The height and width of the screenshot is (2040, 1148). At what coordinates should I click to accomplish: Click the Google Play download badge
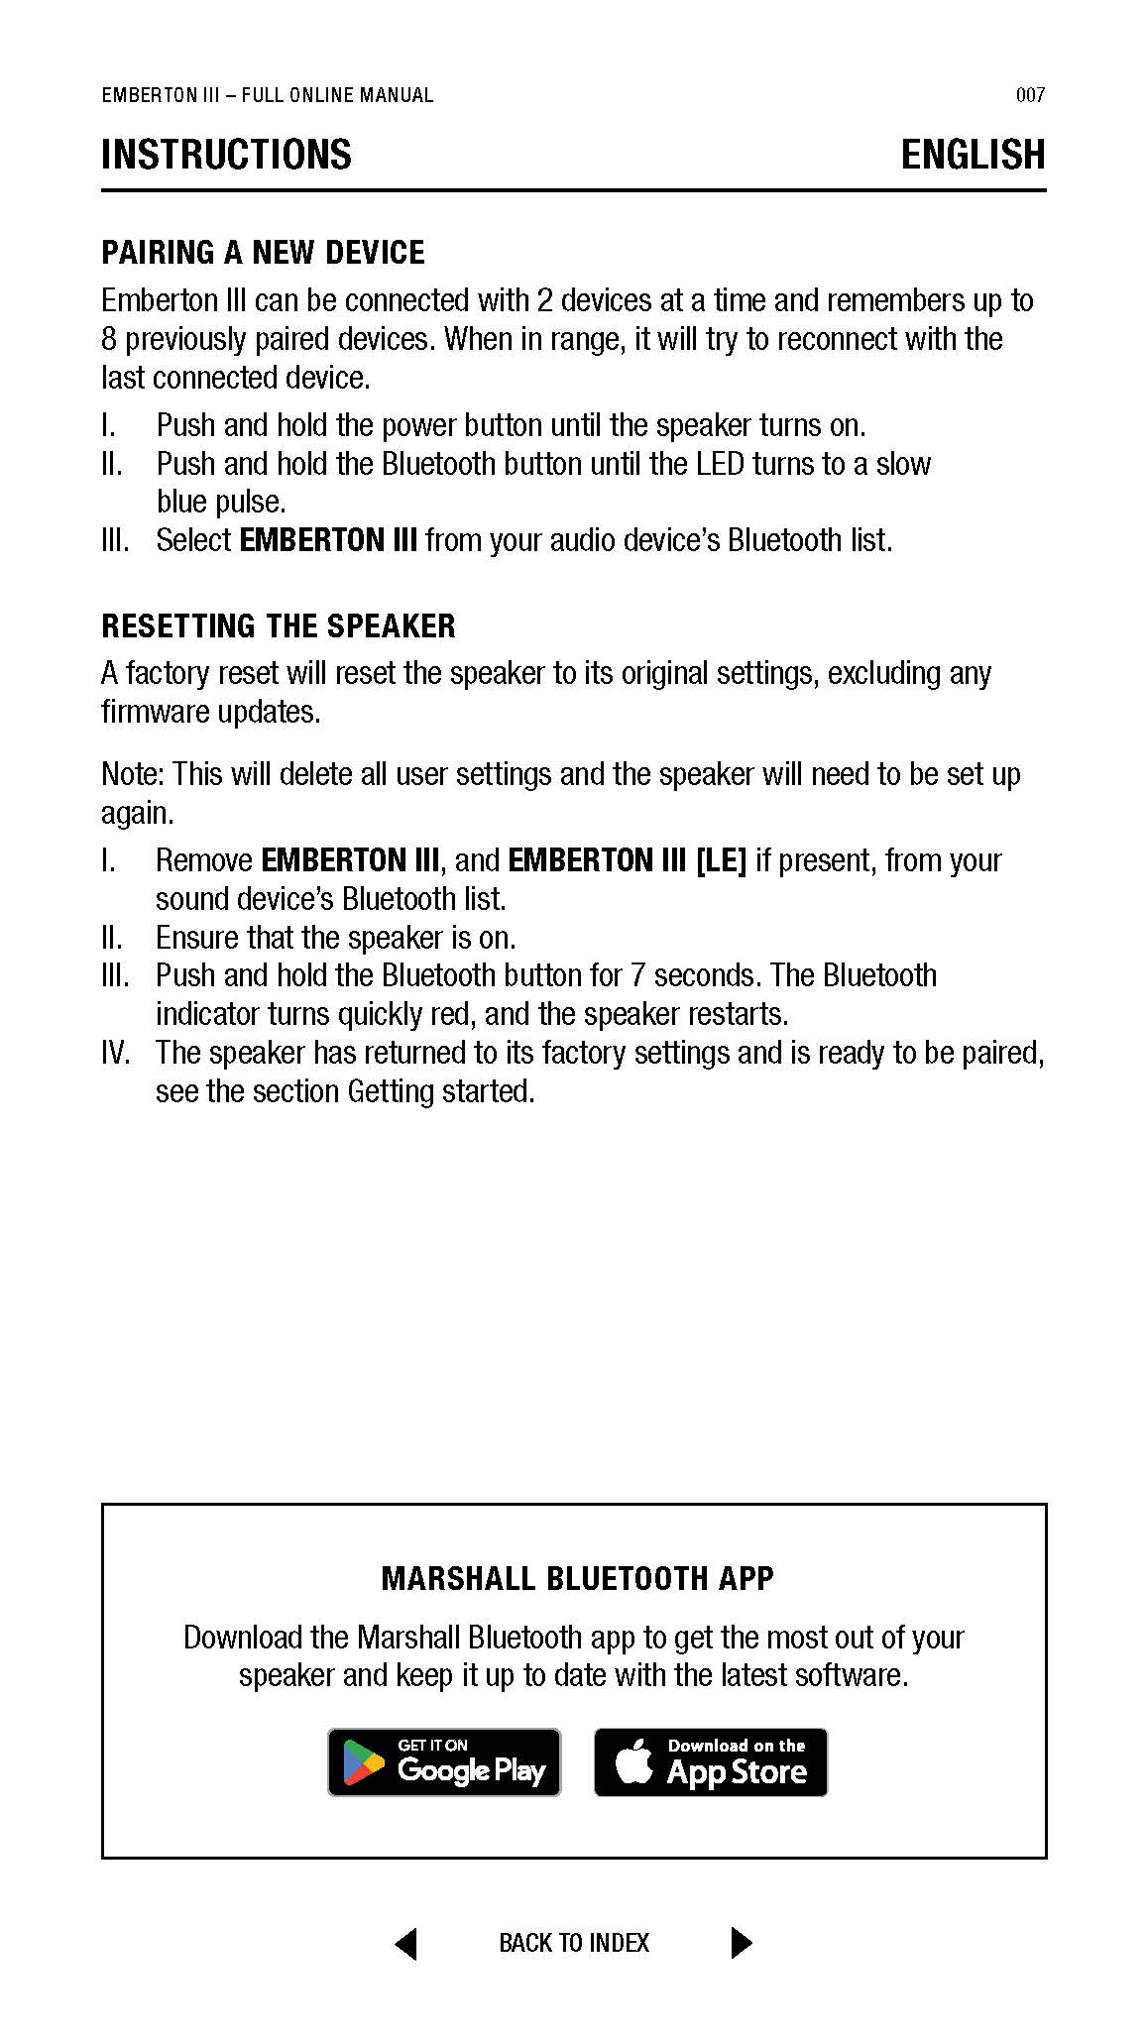pos(444,1761)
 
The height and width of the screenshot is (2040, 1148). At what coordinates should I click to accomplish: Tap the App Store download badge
pos(710,1761)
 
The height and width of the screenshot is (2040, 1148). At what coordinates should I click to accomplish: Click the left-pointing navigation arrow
pos(405,1943)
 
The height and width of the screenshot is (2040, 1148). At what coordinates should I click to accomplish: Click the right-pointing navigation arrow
pos(741,1943)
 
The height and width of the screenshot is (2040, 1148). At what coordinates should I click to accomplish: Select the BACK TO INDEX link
pos(574,1943)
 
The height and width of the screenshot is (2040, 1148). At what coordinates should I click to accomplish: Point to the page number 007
pos(1030,95)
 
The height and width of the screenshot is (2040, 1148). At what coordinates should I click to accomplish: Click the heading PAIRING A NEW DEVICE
pos(263,253)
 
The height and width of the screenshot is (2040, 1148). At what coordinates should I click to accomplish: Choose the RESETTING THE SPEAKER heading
pos(279,626)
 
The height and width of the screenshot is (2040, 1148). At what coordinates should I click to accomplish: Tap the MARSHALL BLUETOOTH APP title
pos(577,1578)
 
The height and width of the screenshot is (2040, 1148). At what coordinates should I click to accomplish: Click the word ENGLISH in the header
pos(973,155)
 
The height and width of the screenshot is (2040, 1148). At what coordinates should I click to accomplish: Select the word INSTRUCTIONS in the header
pos(226,155)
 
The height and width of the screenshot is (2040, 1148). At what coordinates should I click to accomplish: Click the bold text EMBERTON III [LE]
pos(627,860)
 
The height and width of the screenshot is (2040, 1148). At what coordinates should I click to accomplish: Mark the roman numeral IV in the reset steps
pos(116,1053)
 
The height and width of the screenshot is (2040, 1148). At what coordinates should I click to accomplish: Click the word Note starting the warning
pos(133,774)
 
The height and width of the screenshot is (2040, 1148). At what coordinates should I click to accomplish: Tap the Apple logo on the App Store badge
pos(634,1760)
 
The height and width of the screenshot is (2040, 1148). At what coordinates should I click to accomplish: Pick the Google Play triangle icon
pos(364,1763)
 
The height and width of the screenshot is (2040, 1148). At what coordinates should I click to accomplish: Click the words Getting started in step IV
pos(440,1091)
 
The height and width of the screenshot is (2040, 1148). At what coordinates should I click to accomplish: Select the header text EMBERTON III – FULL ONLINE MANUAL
pos(268,95)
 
